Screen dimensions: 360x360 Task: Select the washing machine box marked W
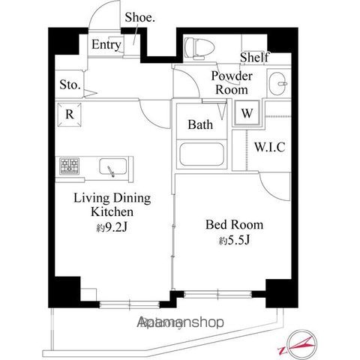246,115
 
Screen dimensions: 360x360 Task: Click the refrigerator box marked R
69,115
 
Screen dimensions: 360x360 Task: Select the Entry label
106,45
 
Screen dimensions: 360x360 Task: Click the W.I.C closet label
269,147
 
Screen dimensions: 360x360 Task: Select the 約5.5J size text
233,241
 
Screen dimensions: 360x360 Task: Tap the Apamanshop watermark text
181,322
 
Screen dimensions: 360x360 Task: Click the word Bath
200,124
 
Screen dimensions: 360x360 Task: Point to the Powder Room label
231,82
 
